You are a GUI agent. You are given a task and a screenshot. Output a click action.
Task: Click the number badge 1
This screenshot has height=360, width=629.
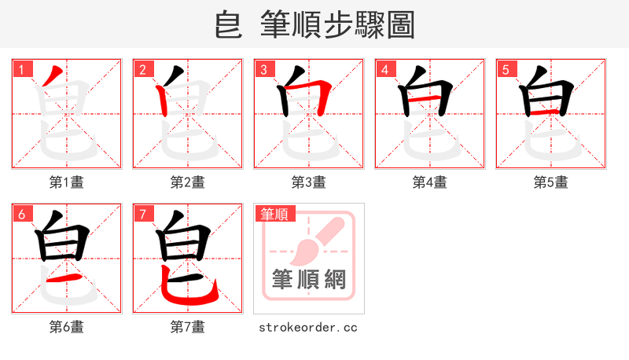[x=21, y=70]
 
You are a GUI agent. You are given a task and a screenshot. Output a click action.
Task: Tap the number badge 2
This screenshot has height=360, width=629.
[x=142, y=70]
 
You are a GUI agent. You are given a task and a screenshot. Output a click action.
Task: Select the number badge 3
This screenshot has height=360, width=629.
[x=263, y=70]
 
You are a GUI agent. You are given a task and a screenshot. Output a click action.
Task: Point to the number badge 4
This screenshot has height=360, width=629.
[x=384, y=70]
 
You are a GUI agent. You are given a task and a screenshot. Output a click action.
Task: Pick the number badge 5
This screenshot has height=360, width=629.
[x=506, y=70]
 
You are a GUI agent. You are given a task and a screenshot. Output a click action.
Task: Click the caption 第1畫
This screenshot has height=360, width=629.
[x=66, y=182]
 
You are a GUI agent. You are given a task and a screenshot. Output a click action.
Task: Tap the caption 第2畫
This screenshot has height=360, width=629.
[x=187, y=182]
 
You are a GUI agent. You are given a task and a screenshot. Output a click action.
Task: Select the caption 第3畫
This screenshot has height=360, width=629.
[x=308, y=182]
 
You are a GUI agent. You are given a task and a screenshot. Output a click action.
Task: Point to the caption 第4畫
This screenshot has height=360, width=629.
[x=429, y=182]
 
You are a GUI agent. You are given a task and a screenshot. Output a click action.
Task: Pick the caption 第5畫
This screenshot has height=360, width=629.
[x=550, y=182]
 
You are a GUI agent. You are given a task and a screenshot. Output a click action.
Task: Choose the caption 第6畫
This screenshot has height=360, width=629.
[x=66, y=327]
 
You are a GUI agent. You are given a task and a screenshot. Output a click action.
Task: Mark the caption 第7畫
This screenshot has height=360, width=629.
[x=187, y=327]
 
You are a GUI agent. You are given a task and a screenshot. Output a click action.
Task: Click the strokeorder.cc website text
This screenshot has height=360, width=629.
[x=308, y=327]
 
